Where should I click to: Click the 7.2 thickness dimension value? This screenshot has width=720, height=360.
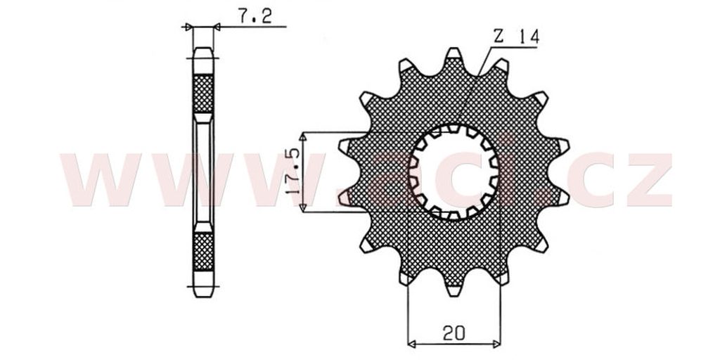pos(255,16)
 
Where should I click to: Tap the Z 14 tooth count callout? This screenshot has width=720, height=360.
pos(516,37)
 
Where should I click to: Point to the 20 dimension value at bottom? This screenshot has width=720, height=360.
pos(454,333)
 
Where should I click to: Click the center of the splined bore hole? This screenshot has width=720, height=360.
pos(454,172)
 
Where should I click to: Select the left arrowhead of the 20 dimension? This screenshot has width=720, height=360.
pos(411,343)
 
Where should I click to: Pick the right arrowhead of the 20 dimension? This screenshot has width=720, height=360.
pos(496,343)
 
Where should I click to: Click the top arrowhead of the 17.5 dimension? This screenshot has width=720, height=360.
pos(302,136)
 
